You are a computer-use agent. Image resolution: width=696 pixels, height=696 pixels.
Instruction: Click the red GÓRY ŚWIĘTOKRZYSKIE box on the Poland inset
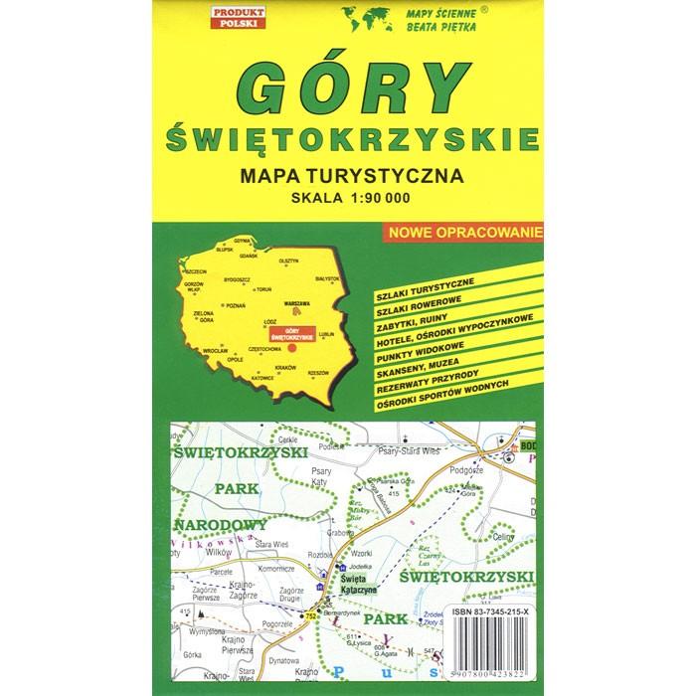(294, 335)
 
